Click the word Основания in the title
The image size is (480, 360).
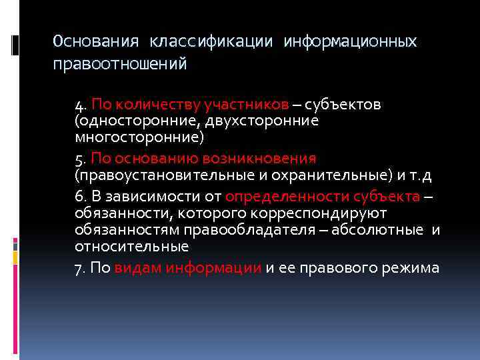point(96,42)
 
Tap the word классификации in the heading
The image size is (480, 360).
point(211,42)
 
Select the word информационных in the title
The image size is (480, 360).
point(350,42)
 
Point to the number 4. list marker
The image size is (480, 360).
point(81,105)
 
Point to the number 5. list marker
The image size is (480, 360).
point(81,159)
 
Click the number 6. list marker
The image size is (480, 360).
point(81,197)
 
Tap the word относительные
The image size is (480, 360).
point(132,246)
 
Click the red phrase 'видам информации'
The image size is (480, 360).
point(188,268)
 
